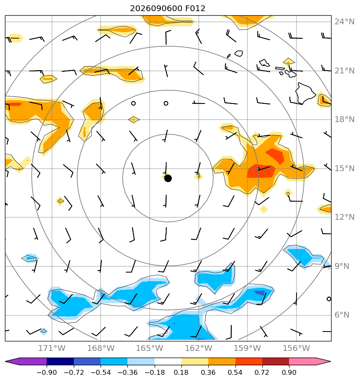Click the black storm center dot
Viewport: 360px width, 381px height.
[x=168, y=179]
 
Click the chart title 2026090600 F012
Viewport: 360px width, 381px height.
[x=167, y=9]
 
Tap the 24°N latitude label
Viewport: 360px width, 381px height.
[x=344, y=21]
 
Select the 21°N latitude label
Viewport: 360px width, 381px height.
[x=344, y=71]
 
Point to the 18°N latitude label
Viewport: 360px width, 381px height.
[x=344, y=119]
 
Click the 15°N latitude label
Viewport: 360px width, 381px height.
[x=344, y=168]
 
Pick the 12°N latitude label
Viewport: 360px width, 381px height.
[x=344, y=217]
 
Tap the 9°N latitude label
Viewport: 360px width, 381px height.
[x=342, y=266]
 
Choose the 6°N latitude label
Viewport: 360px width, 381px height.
[x=342, y=315]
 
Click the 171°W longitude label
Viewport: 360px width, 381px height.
[x=52, y=348]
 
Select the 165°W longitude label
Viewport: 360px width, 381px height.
[x=150, y=348]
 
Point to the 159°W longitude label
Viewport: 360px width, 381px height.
[x=247, y=348]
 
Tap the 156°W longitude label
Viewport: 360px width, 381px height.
[x=296, y=348]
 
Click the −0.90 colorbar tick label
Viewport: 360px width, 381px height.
[x=47, y=372]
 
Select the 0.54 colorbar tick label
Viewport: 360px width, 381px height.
[x=235, y=372]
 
